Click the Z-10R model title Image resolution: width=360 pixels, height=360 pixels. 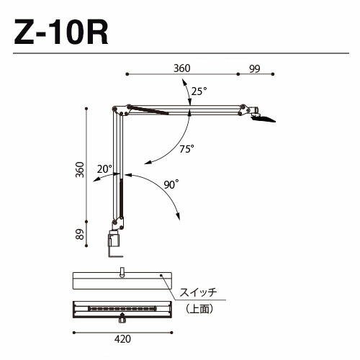(61, 32)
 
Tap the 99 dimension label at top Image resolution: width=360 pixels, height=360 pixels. (254, 69)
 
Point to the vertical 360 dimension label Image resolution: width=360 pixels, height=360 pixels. (80, 170)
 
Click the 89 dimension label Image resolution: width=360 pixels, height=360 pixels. (80, 234)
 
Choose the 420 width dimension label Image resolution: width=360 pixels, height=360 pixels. (122, 339)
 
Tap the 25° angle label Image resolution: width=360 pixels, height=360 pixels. (199, 91)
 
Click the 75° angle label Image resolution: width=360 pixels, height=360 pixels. (186, 149)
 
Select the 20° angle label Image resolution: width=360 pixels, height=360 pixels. (104, 169)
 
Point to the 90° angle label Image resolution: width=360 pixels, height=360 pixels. (171, 184)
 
